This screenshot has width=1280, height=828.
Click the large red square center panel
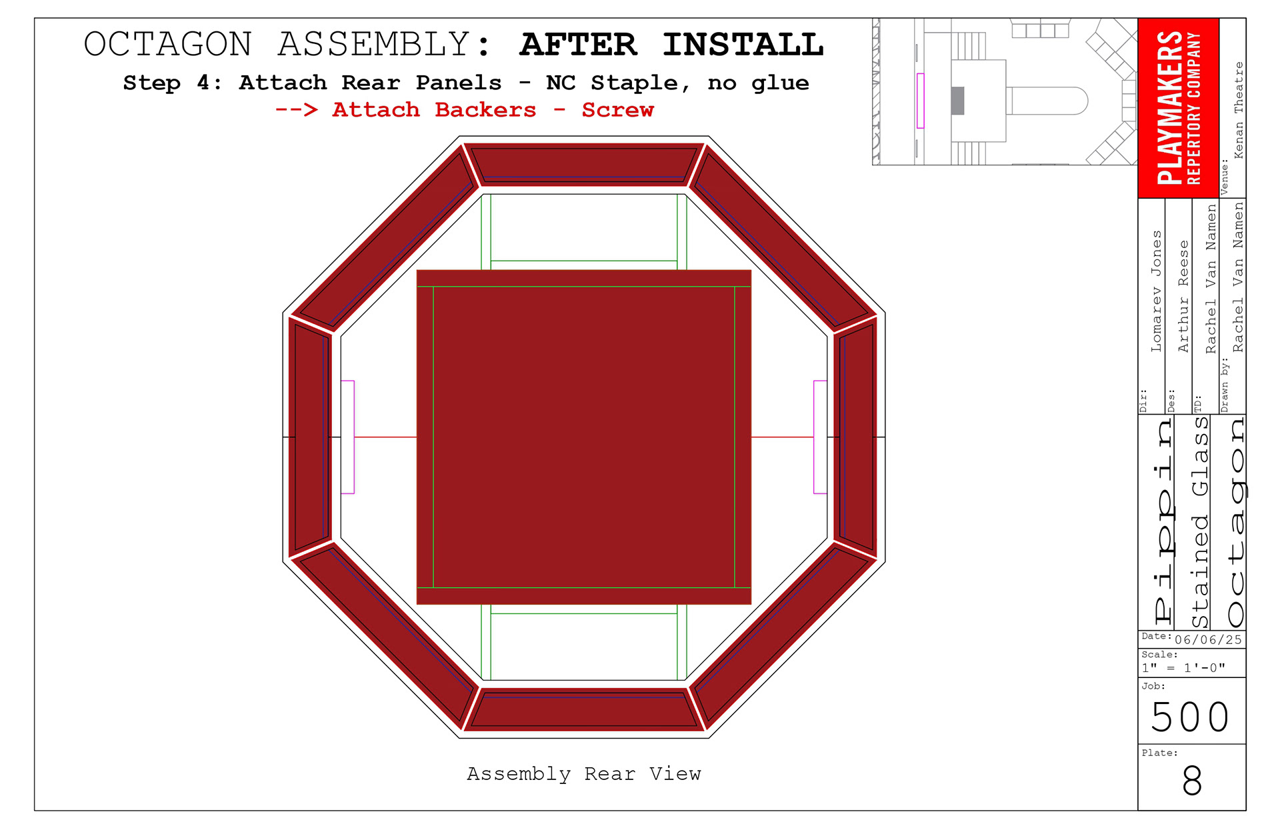(583, 437)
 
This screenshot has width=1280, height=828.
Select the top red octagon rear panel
(583, 163)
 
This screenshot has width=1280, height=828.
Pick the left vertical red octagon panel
(310, 437)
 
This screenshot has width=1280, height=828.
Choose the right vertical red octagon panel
(857, 437)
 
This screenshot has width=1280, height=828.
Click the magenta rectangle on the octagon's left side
(347, 437)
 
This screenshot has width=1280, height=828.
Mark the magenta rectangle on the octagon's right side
(820, 437)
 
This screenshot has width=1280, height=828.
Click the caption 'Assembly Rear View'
(583, 773)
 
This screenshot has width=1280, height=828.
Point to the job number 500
(1190, 717)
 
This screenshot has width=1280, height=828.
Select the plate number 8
(1192, 781)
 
